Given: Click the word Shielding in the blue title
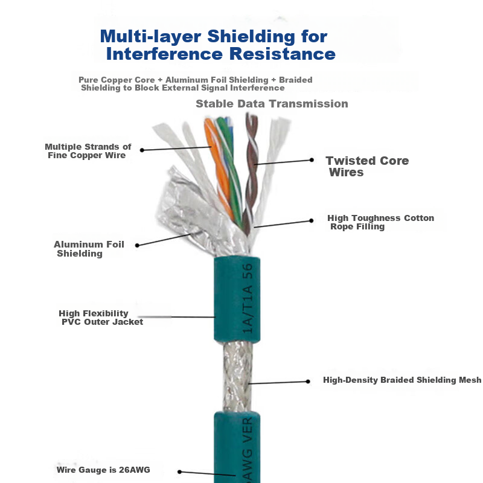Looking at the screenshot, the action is [251, 37].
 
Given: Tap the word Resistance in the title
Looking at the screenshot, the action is [283, 54].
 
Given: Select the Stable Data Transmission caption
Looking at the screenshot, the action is [272, 104].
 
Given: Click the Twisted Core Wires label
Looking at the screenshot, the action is [367, 167].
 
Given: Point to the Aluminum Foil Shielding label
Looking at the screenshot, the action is [89, 249].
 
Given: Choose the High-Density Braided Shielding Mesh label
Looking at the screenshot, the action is [402, 380].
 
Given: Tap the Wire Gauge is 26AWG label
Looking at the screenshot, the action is [103, 470].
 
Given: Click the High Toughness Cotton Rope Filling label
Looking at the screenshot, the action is [380, 222].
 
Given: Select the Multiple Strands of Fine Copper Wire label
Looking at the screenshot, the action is [88, 151].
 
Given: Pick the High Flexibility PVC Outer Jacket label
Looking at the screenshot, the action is [101, 318].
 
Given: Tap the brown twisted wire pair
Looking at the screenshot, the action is [251, 173].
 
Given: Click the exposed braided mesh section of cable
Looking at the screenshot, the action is [238, 376].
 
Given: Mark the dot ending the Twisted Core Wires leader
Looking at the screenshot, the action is [312, 160].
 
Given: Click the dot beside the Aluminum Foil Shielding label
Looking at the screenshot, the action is [138, 246].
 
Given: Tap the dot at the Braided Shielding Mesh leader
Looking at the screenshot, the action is [308, 382].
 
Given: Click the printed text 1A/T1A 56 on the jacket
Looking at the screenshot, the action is [248, 298].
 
